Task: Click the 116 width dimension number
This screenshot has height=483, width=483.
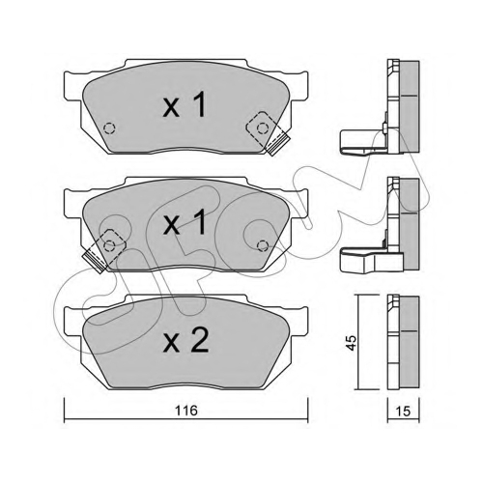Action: tap(186, 411)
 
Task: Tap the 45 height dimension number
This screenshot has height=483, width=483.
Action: tap(352, 343)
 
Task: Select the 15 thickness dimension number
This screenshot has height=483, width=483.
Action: tap(403, 412)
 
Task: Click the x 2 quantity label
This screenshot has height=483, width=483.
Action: tap(186, 341)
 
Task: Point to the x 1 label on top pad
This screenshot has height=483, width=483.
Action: tap(185, 104)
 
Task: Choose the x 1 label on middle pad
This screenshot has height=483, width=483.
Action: tap(185, 222)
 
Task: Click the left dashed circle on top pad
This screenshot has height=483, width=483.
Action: tap(109, 128)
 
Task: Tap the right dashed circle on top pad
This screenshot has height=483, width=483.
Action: tap(263, 128)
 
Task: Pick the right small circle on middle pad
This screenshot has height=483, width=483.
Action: tap(263, 246)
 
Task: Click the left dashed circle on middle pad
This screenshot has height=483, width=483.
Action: tap(110, 245)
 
